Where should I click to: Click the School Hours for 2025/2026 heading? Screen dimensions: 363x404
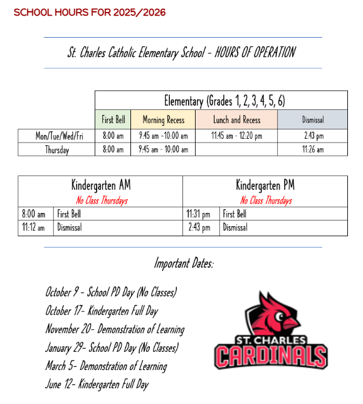(90, 13)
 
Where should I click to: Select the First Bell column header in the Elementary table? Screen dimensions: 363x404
(113, 119)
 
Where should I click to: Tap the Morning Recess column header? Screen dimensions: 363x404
(163, 119)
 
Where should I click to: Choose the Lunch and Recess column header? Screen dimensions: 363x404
(236, 119)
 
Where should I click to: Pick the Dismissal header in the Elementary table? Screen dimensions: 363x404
(312, 119)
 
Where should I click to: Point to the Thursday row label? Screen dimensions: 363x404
(56, 150)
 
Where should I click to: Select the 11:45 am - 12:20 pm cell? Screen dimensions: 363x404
(236, 136)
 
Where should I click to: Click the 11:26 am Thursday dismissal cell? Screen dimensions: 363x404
(312, 150)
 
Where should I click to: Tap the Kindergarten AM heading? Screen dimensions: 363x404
(100, 185)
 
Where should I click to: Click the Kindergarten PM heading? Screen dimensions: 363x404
(265, 185)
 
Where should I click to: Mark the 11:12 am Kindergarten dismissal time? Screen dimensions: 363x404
(33, 227)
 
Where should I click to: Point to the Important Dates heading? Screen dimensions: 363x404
(183, 263)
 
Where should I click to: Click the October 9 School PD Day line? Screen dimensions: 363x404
(111, 292)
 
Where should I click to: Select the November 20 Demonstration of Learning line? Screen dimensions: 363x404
(115, 329)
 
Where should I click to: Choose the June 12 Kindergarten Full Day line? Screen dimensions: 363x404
(97, 384)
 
